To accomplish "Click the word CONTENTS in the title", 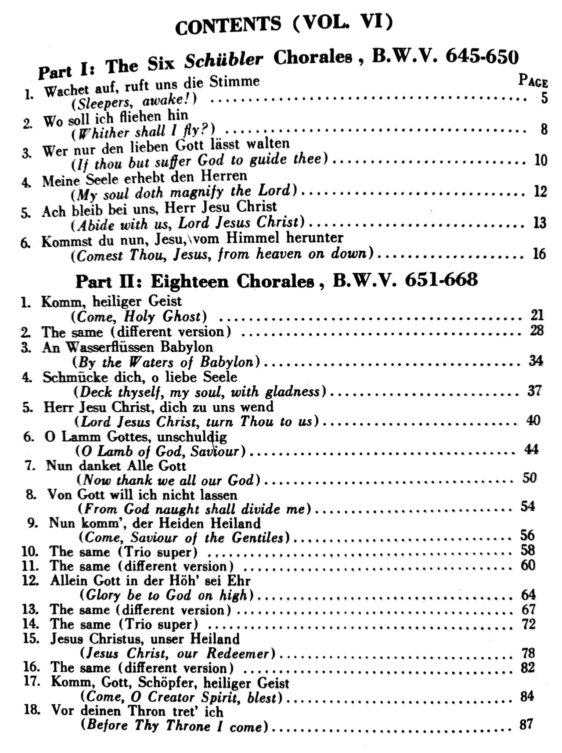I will point(227,26).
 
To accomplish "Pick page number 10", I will point(540,160).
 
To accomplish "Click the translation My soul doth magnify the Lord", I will point(184,192).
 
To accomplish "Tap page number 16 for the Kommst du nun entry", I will point(539,253).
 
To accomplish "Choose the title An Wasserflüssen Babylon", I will point(128,347).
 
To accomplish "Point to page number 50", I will point(530,477).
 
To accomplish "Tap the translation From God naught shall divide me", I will point(195,509).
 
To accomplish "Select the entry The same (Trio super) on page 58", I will point(123,551).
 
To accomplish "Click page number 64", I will point(528,594).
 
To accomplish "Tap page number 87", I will point(526,724).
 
